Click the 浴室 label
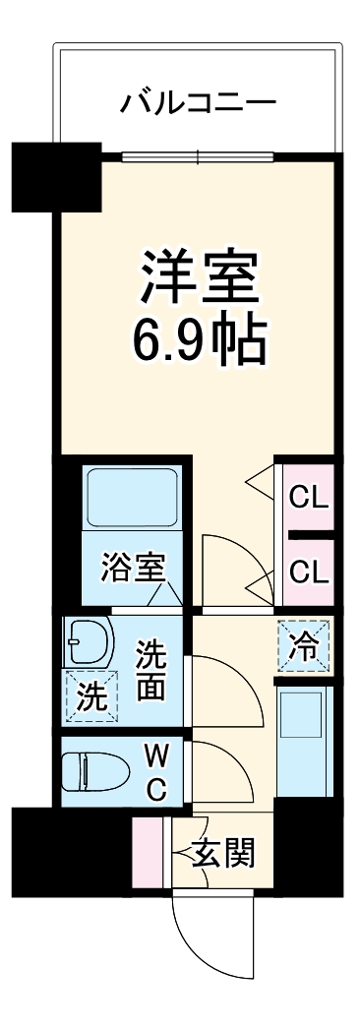(132, 568)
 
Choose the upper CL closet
(309, 496)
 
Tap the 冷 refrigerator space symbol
(305, 646)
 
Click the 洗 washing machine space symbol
(90, 695)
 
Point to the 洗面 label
(150, 669)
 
